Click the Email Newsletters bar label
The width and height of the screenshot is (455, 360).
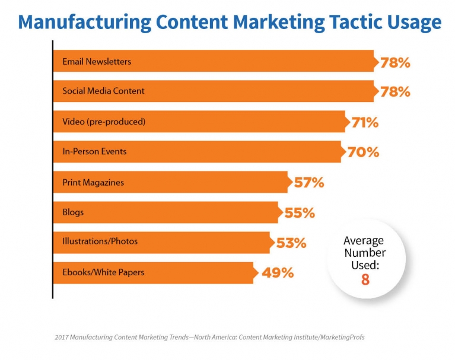pyautogui.click(x=97, y=62)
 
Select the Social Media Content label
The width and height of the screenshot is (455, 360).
pyautogui.click(x=103, y=91)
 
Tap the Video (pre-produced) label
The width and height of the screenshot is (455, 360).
pyautogui.click(x=104, y=122)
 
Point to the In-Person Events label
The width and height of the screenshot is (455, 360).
pyautogui.click(x=94, y=152)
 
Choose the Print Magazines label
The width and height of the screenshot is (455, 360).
pyautogui.click(x=93, y=182)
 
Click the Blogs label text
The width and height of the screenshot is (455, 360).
pyautogui.click(x=74, y=212)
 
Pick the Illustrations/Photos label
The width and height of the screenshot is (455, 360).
pyautogui.click(x=100, y=241)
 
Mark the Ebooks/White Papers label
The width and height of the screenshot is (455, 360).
pyautogui.click(x=103, y=272)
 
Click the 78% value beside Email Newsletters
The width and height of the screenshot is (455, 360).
pyautogui.click(x=396, y=62)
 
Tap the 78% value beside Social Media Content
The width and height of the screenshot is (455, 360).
pyautogui.click(x=396, y=92)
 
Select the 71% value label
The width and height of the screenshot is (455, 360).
pyautogui.click(x=365, y=123)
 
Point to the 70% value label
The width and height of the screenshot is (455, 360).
pyautogui.click(x=362, y=152)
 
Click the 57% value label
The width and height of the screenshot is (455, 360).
pyautogui.click(x=309, y=183)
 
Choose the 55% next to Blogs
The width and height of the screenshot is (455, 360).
pyautogui.click(x=300, y=212)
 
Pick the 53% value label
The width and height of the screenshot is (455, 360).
pyautogui.click(x=291, y=243)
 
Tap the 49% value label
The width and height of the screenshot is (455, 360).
pyautogui.click(x=277, y=273)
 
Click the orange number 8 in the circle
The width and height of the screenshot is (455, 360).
pyautogui.click(x=365, y=279)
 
